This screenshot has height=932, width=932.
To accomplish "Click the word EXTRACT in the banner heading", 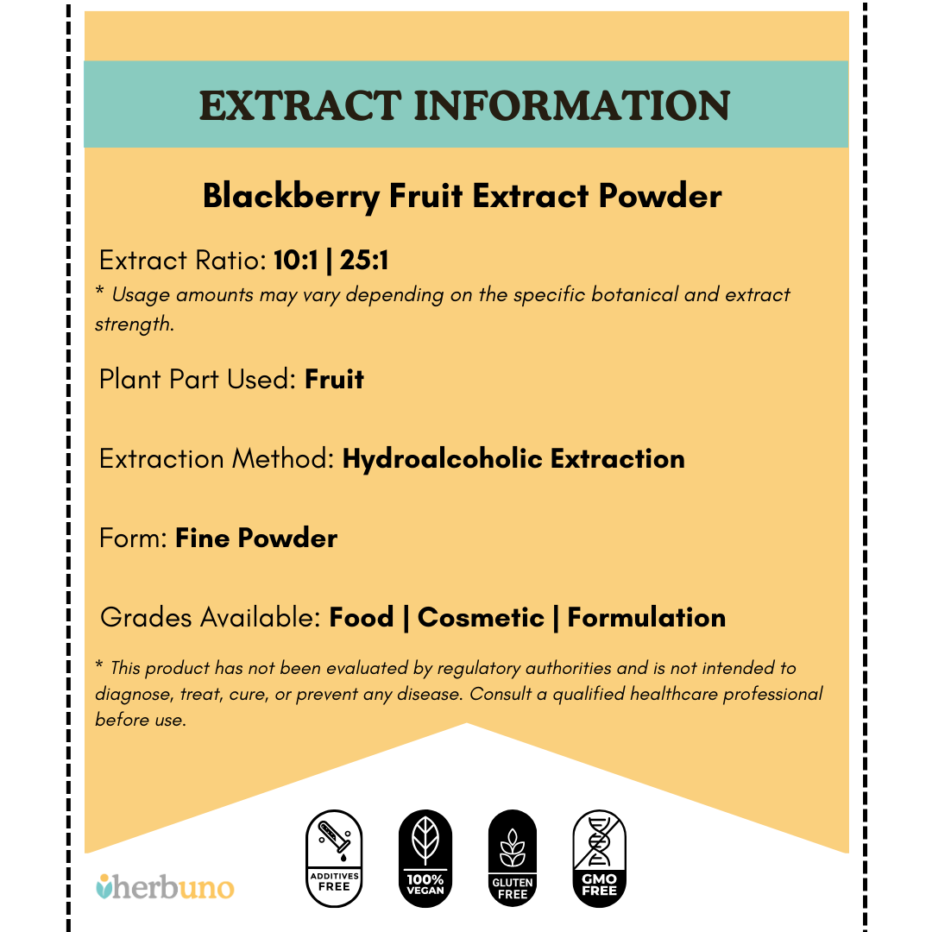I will (x=299, y=105).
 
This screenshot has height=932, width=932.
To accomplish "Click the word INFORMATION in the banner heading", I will (x=573, y=105).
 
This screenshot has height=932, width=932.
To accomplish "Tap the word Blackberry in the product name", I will (x=290, y=197).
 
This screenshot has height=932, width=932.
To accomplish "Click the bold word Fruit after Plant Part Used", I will (x=334, y=380).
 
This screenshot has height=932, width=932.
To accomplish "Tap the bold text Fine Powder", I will (x=256, y=538).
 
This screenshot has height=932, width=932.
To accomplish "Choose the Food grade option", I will (x=362, y=618).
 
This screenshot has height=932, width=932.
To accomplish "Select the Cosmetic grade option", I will (x=481, y=618).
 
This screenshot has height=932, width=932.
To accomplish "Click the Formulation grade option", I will (x=646, y=618).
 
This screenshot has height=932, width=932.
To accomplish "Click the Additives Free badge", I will (x=334, y=858).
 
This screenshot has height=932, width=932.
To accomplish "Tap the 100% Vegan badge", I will (x=425, y=858).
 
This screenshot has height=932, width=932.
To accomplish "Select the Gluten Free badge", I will (x=513, y=858).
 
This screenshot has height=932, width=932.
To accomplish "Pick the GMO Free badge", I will (x=599, y=858).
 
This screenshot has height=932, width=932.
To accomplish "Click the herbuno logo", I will (x=164, y=886).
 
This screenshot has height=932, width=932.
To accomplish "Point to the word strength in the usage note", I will (x=134, y=325).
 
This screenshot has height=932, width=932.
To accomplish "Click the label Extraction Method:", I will (x=217, y=458).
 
